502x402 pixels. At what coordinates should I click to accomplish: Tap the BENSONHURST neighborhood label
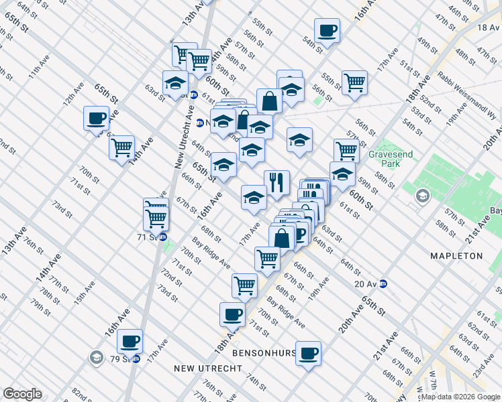point(263,352)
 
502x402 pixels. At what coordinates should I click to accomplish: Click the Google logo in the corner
point(22,394)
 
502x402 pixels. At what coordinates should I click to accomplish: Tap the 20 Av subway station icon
point(383,283)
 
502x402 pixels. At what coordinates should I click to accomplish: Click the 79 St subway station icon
point(136,358)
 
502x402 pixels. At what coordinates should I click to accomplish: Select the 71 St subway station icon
point(162,237)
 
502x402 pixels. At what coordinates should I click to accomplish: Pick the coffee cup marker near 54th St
point(327,30)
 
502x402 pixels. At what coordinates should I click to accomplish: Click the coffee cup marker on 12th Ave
point(97,119)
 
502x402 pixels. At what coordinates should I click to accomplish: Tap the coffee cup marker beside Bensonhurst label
point(309,353)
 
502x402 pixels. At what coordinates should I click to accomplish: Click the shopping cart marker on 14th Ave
point(122,147)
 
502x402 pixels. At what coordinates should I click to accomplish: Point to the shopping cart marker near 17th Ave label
point(267,257)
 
